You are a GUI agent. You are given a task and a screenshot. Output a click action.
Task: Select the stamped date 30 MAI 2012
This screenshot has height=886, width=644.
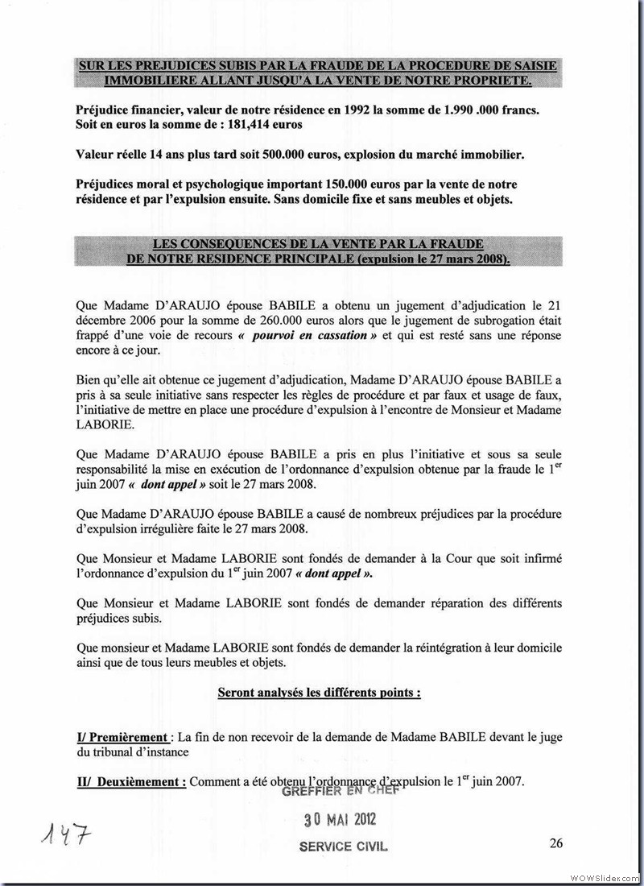[340, 820]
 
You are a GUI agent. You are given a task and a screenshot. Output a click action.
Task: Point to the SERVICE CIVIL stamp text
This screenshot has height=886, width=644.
[343, 847]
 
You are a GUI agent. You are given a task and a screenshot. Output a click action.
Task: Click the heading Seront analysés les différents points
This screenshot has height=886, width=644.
[320, 692]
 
